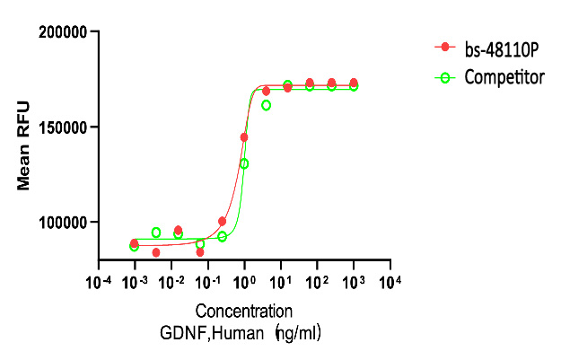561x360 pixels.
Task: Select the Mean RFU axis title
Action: pos(24,145)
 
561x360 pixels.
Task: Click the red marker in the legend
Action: pos(442,47)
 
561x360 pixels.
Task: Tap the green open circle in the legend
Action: pos(442,77)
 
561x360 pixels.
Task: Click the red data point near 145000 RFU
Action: pos(244,137)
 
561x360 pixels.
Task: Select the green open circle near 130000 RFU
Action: pos(244,163)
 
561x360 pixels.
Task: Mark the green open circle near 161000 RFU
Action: pos(266,105)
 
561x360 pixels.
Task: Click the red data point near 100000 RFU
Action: pos(222,221)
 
